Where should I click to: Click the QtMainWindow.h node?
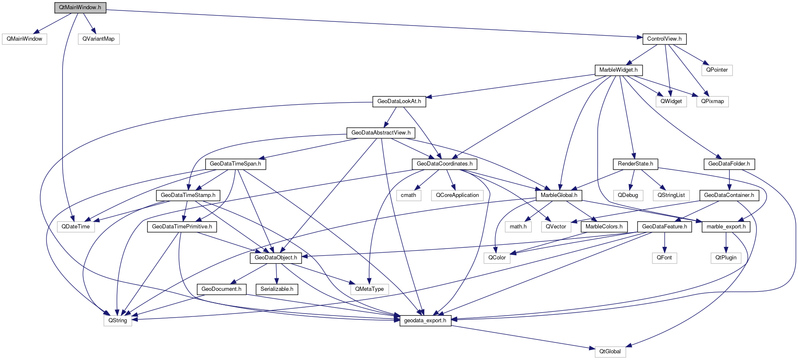[80, 8]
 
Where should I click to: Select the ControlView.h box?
[664, 39]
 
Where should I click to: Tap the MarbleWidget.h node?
[618, 70]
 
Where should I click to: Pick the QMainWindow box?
[24, 39]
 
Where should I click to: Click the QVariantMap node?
[98, 39]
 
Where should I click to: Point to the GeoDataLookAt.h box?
[399, 101]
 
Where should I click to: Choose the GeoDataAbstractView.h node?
[381, 133]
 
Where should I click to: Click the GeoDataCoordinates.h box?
[444, 164]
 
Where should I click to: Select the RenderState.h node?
[635, 164]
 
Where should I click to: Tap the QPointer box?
[717, 70]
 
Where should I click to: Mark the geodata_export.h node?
[425, 321]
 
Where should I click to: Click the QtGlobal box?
[610, 352]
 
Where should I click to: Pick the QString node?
[118, 321]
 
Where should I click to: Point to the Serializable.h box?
[277, 289]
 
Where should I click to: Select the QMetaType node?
[369, 289]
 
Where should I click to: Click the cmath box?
[408, 195]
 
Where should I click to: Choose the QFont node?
[664, 258]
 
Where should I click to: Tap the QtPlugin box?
[726, 258]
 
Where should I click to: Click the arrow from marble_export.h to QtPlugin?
[726, 242]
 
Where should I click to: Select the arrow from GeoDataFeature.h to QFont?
[664, 242]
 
